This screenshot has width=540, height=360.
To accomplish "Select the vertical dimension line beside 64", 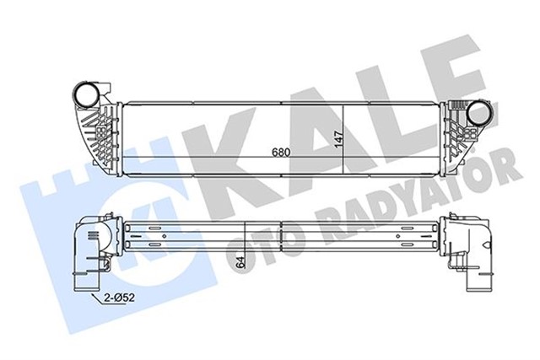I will click(x=246, y=244).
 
